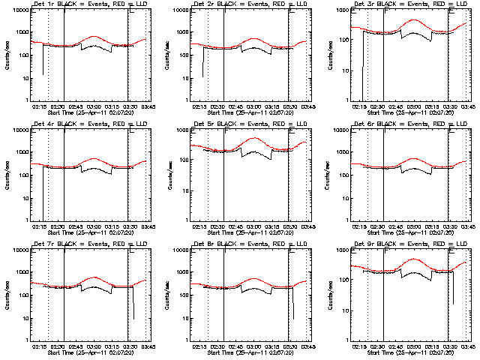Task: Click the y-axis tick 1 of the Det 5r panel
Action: click(x=185, y=220)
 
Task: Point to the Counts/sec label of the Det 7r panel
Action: click(x=7, y=294)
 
